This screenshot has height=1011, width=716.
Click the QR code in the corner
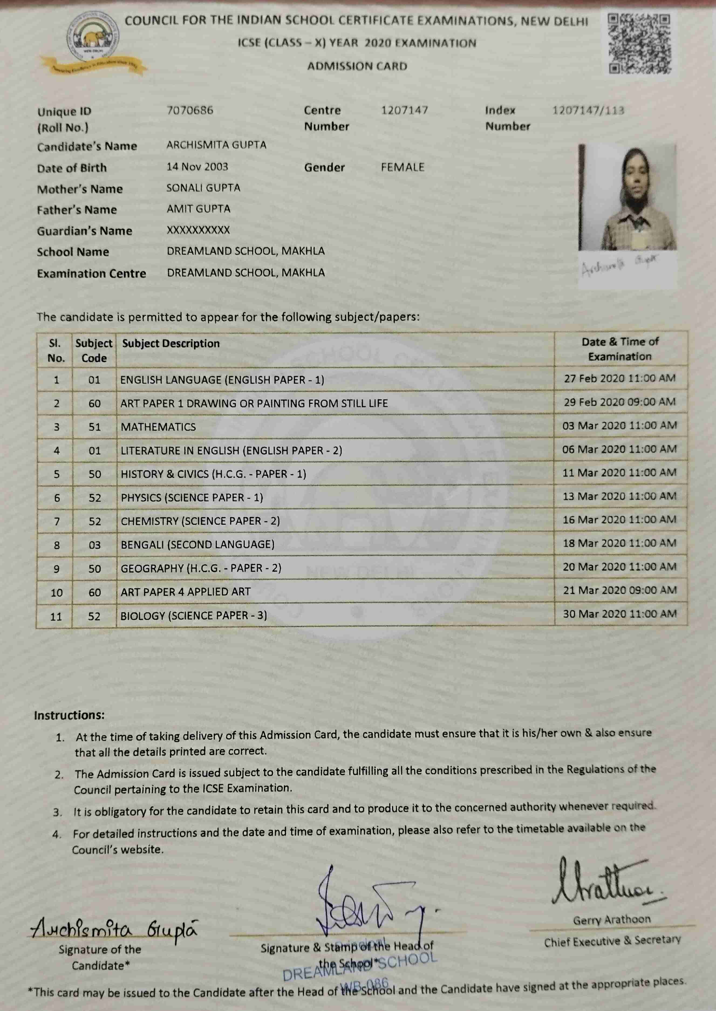[640, 43]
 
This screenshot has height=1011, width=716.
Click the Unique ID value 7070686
[190, 110]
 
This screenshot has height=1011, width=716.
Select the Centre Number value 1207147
[404, 110]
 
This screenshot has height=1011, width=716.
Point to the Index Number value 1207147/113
[588, 110]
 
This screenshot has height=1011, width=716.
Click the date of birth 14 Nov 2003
[197, 167]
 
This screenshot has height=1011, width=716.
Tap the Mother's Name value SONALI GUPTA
[203, 188]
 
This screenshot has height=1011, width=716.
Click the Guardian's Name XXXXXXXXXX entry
[198, 230]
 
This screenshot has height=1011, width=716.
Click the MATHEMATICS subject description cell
[158, 427]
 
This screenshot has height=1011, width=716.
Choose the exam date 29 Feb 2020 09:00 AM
[619, 402]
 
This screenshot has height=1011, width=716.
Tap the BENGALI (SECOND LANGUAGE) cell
[197, 544]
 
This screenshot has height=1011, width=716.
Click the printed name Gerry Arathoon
[612, 920]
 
